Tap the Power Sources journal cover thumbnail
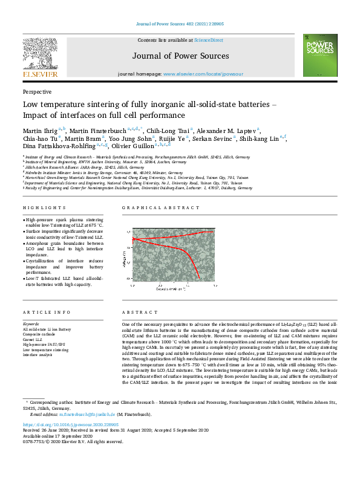click(x=319, y=56)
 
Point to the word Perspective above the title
click(x=36, y=92)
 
